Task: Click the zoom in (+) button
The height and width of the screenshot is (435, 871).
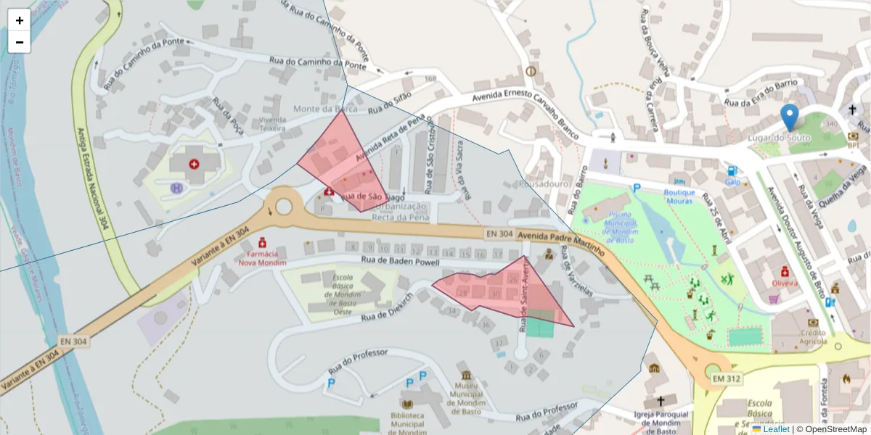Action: [20, 20]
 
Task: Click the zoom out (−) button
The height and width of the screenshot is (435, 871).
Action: [20, 42]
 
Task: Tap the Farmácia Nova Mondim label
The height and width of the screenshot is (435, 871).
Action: [262, 258]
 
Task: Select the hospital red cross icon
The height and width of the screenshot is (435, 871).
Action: [194, 165]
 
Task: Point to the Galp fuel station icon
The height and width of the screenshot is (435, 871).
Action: [732, 171]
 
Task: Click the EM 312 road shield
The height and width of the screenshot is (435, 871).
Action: [726, 379]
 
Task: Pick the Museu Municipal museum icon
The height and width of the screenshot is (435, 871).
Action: [465, 375]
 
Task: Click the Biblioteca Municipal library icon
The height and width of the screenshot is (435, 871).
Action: [408, 404]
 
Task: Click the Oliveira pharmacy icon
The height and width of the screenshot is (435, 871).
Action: [785, 271]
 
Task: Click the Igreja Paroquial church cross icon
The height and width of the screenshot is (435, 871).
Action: [661, 401]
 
